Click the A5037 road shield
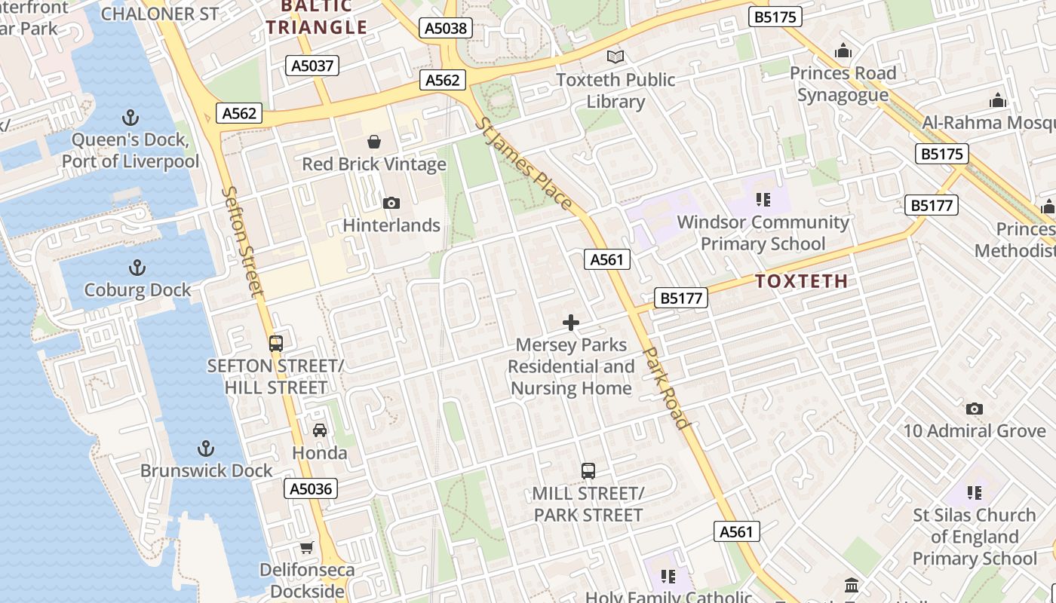click(313, 66)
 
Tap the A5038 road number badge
click(446, 29)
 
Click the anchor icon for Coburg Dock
click(137, 268)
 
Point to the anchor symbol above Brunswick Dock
click(205, 448)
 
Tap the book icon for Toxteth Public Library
click(615, 57)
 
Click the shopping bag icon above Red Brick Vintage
click(373, 142)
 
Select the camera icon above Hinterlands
click(391, 203)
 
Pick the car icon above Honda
click(320, 430)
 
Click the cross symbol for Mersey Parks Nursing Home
click(571, 323)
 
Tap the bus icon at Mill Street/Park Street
click(588, 471)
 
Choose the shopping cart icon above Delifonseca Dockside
click(306, 547)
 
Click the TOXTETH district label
click(801, 281)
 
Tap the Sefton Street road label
click(244, 241)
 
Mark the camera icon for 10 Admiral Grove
click(975, 409)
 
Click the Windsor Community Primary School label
click(763, 233)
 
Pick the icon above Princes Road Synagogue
click(843, 51)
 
